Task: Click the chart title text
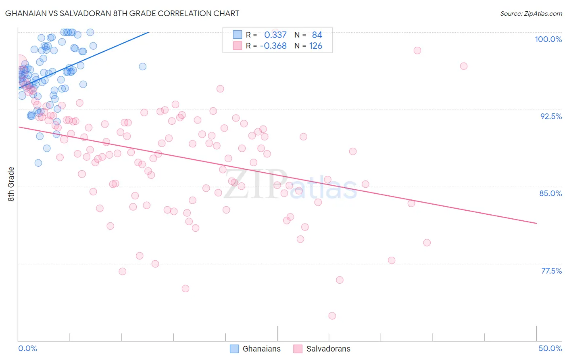[x=122, y=13]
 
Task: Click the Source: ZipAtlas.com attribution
[x=531, y=14]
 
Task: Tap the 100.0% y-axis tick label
[x=548, y=39]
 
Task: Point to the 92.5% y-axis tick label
[x=551, y=116]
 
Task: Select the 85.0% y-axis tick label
[x=550, y=193]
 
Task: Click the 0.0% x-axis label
[x=27, y=348]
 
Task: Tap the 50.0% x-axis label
[x=550, y=348]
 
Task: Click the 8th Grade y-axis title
[x=11, y=184]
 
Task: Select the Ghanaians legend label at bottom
[x=261, y=349]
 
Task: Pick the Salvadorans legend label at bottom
[x=328, y=349]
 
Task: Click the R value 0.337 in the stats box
[x=275, y=35]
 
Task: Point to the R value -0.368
[x=273, y=46]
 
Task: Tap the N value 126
[x=315, y=46]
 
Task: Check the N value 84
[x=317, y=35]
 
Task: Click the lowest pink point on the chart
[x=332, y=316]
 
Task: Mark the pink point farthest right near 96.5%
[x=464, y=66]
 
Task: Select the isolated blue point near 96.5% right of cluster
[x=142, y=67]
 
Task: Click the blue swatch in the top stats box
[x=238, y=35]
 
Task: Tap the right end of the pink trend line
[x=536, y=223]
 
